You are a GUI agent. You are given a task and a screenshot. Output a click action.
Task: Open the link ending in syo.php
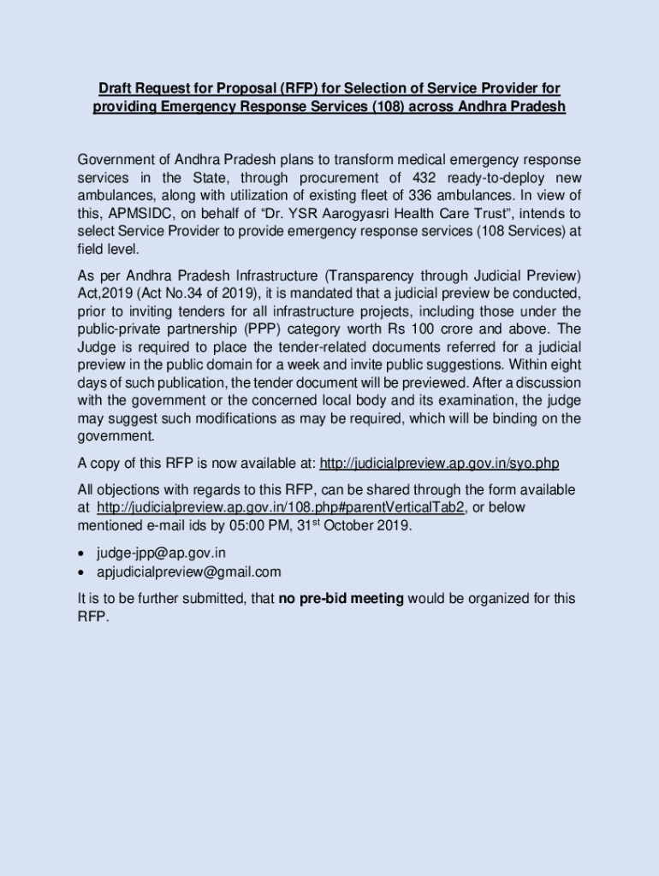point(439,464)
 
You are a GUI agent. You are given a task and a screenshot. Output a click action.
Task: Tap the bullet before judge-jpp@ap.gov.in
point(81,553)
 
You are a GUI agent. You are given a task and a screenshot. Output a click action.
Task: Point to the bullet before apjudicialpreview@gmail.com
point(81,572)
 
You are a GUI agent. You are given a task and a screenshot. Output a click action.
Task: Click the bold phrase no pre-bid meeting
point(341,599)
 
